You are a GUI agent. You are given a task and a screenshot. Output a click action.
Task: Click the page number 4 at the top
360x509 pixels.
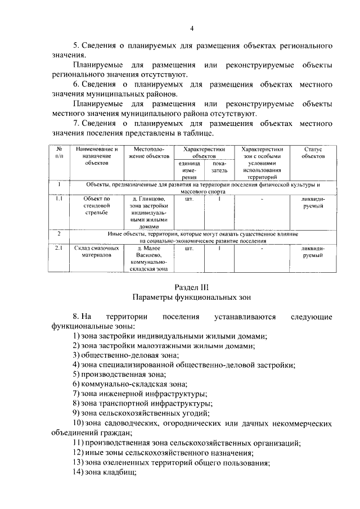(x=192, y=29)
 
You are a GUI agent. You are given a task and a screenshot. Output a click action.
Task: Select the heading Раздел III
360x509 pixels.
(x=192, y=287)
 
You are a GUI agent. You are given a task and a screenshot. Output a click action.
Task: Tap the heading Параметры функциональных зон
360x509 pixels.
(x=192, y=297)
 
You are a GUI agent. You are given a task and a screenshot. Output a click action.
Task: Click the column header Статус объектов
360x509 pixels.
(x=312, y=152)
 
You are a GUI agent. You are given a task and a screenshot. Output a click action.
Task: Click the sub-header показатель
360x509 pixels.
(x=215, y=166)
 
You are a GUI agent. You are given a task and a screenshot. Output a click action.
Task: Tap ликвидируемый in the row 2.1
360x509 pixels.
(x=312, y=251)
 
